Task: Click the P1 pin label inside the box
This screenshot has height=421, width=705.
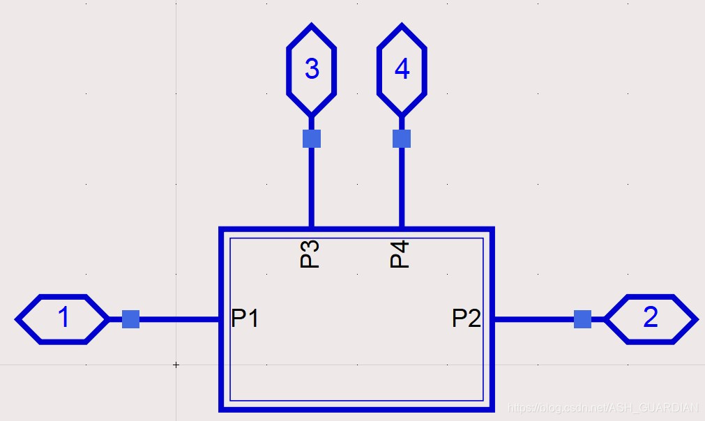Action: click(x=245, y=319)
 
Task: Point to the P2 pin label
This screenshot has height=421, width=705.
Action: click(x=467, y=319)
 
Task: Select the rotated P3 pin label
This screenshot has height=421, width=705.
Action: click(x=310, y=254)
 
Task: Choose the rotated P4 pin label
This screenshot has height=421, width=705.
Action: click(x=400, y=254)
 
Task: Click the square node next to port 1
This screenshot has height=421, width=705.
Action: click(x=130, y=319)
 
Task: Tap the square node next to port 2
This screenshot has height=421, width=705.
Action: click(x=582, y=319)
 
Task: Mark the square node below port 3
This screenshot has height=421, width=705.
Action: click(x=312, y=139)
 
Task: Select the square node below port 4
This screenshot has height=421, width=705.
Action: click(x=402, y=139)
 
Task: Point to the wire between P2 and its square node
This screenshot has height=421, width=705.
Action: click(x=533, y=319)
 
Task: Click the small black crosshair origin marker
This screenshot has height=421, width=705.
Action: click(x=176, y=365)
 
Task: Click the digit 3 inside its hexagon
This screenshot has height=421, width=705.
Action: click(x=312, y=69)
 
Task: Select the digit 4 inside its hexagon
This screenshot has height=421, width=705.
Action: click(x=402, y=69)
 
